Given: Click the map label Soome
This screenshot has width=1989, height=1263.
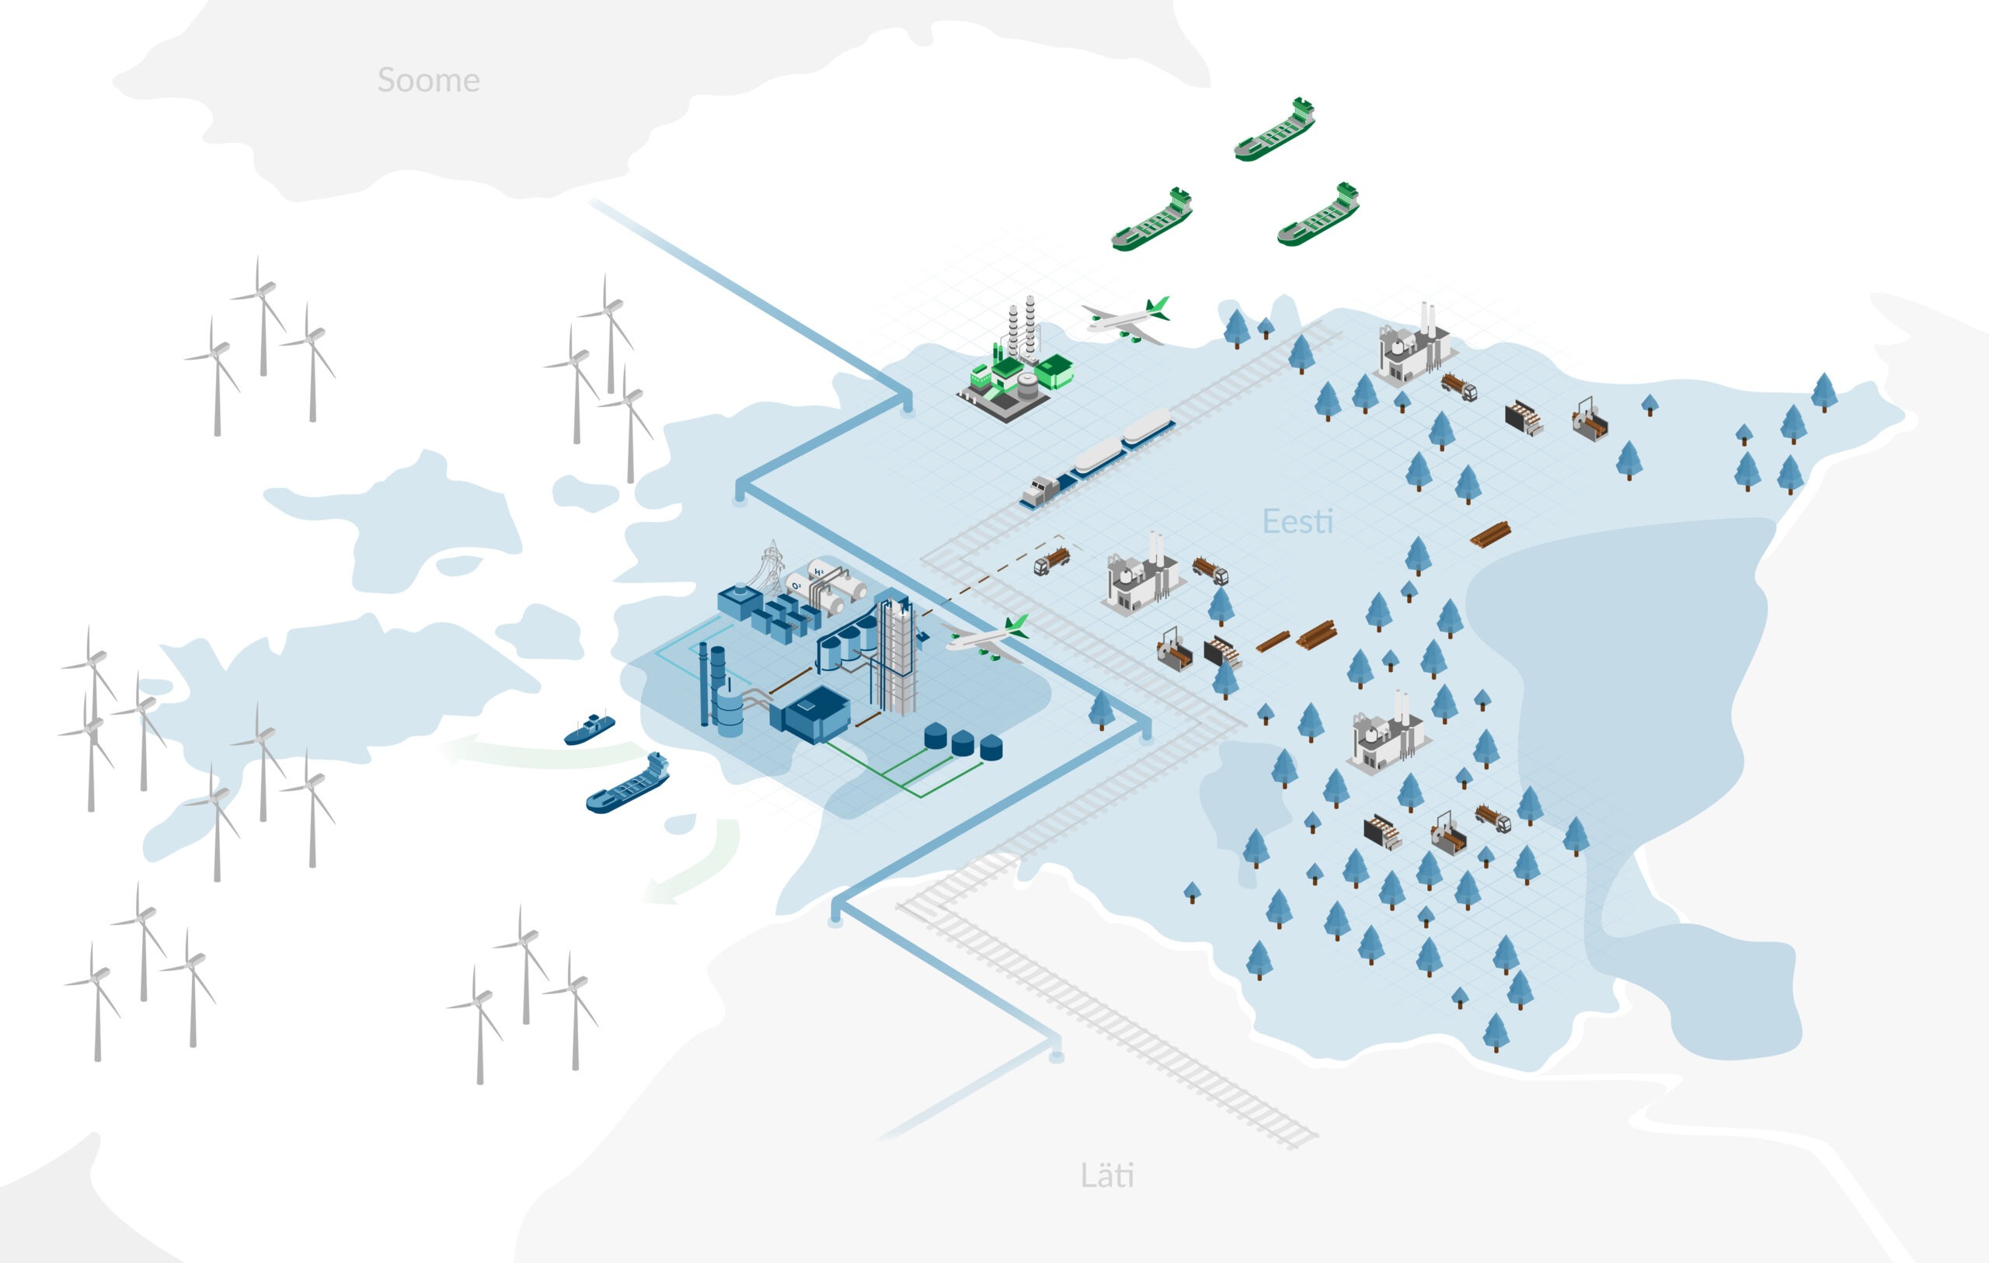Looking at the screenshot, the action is tap(428, 80).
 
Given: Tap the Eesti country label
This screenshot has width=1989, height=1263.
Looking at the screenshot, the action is tap(1298, 521).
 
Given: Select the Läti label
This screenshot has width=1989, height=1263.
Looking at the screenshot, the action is tap(1107, 1174).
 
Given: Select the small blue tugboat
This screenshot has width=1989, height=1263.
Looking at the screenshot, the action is tap(589, 729).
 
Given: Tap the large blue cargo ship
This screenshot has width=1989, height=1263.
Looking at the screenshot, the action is tap(628, 784).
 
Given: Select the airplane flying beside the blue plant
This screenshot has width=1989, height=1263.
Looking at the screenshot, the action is tap(988, 638).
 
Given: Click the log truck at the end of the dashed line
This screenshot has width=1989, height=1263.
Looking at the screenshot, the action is tap(1051, 562).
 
